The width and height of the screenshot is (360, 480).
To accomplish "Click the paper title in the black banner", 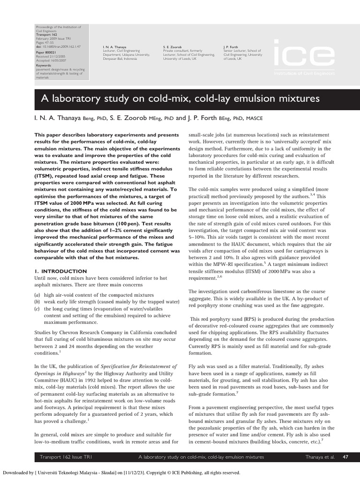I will coord(178,99).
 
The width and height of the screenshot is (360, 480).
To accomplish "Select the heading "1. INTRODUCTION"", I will coord(60,271).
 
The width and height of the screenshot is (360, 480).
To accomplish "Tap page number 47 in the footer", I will coord(345,457).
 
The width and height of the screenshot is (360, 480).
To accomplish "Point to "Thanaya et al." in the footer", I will coord(319,457).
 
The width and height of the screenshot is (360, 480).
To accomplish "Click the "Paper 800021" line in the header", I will coord(47,53).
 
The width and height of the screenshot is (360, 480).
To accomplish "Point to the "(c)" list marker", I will coord(37,309).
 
